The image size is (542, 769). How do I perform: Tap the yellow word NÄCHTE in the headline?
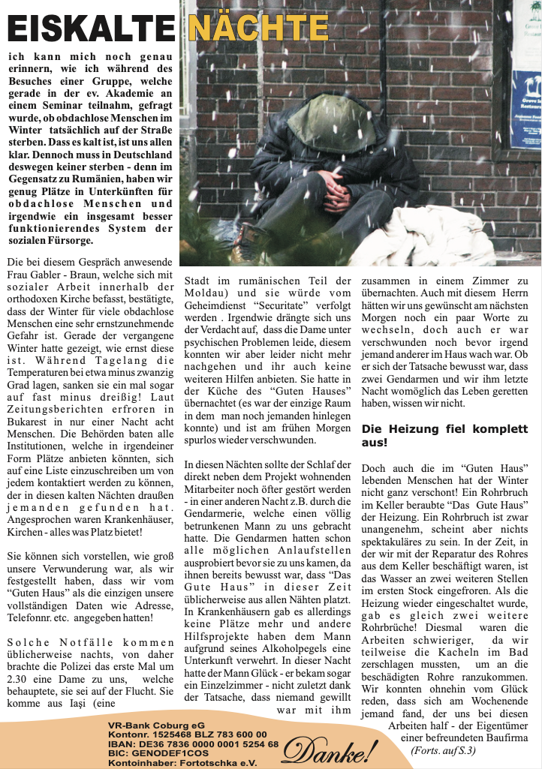[257, 28]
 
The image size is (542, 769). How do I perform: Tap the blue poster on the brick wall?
[525, 110]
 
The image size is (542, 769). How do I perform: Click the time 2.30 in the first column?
[18, 679]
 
